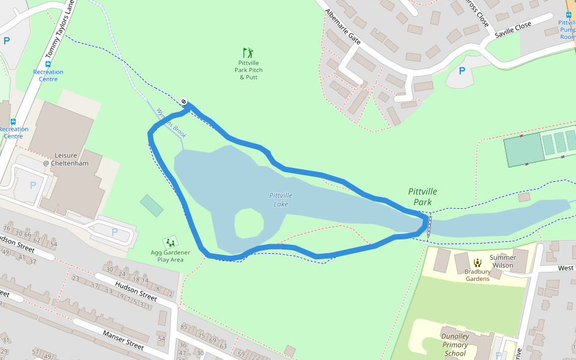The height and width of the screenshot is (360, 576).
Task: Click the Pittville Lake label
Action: pos(281,200)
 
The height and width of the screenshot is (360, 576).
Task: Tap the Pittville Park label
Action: pos(422,197)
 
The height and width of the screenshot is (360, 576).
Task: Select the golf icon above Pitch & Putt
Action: pos(248,53)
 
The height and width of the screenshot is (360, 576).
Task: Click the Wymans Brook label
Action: pos(171,123)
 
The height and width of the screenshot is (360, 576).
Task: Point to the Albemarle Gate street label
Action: pos(343,27)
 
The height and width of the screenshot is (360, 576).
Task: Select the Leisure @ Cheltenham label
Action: pos(65,160)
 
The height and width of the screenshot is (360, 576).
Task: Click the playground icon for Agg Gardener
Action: pos(170,242)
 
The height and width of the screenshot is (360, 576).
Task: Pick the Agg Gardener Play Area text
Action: pos(170,256)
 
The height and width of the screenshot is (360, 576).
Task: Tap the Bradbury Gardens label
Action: pos(477,275)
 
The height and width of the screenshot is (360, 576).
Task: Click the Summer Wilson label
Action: pos(503,261)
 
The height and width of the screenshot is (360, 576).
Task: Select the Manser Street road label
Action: pos(123,340)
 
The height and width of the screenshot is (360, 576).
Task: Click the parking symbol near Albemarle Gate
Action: pos(462,71)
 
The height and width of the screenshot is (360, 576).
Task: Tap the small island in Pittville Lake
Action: pos(248,224)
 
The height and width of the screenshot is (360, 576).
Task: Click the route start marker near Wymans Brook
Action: pos(184,101)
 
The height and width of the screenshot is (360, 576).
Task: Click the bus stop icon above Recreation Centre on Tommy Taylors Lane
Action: pos(48,64)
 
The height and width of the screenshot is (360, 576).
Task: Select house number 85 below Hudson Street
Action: pos(184,328)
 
